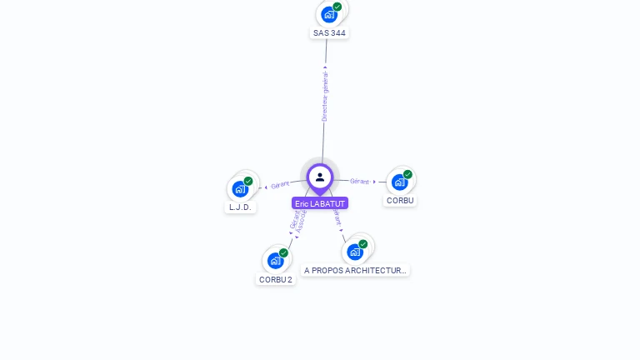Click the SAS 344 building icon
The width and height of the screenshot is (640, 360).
[329, 14]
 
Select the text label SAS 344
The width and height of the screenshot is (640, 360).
[329, 33]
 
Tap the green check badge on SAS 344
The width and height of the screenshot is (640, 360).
[337, 7]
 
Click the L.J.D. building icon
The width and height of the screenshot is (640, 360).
[240, 188]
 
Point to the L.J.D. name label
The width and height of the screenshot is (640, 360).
[240, 207]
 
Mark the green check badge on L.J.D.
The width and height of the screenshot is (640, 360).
[248, 181]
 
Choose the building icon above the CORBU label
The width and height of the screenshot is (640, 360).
[399, 182]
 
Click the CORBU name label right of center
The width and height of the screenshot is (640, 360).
[400, 201]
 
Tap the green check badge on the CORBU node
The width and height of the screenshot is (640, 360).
[407, 174]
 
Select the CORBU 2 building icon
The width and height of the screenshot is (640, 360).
[276, 260]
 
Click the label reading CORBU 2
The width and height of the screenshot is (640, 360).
[276, 280]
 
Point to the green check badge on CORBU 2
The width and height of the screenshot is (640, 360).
[283, 252]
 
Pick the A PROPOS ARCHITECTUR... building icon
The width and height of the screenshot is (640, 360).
[355, 252]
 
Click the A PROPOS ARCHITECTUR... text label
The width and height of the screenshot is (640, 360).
[355, 271]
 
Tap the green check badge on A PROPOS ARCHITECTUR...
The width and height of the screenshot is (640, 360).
[363, 244]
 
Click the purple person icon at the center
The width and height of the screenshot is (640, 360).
[320, 177]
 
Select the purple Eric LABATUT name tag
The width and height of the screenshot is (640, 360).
[320, 203]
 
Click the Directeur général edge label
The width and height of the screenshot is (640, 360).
[325, 96]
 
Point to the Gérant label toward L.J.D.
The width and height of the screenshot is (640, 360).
[280, 185]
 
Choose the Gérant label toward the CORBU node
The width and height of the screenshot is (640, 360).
[359, 181]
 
